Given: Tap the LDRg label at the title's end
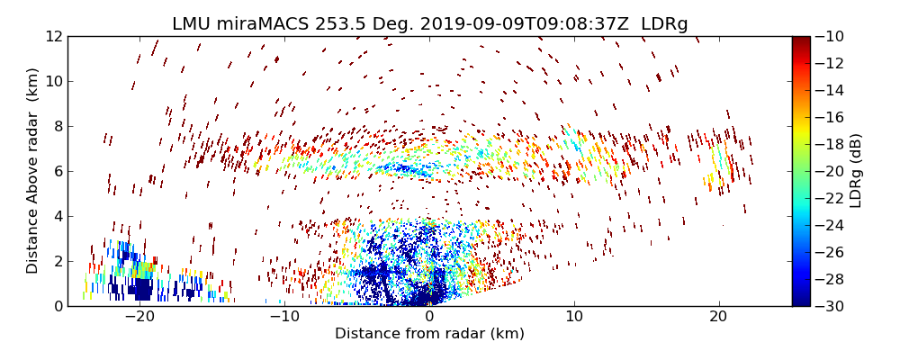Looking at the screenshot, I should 664,24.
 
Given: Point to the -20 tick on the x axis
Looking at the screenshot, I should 139,317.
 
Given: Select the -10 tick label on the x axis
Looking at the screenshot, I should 284,317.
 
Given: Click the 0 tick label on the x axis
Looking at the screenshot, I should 429,317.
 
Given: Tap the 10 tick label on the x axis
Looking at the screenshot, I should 574,317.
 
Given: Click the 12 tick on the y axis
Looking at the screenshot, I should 54,36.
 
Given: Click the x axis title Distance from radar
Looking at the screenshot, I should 429,334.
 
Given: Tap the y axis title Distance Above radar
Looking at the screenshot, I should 33,171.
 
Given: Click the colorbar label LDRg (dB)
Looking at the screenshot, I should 856,171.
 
